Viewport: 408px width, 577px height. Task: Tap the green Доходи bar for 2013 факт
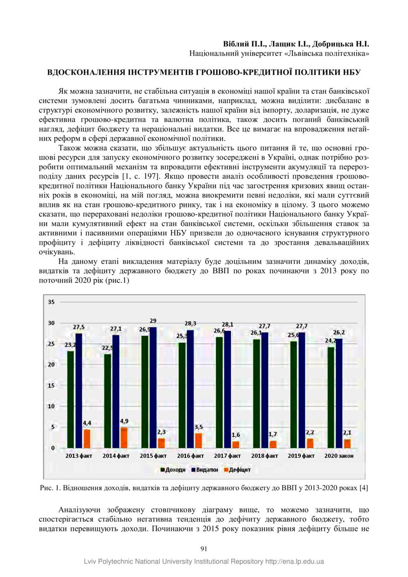pos(70,399)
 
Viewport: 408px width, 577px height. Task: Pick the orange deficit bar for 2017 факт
pos(235,444)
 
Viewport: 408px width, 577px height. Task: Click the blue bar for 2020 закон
pos(339,393)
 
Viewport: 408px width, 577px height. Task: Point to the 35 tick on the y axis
pos(51,302)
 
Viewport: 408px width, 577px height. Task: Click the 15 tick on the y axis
pos(51,385)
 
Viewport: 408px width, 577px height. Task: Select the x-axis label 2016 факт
pos(190,456)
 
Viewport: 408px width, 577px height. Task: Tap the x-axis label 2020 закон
pos(339,456)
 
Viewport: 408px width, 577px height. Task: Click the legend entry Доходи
pos(173,470)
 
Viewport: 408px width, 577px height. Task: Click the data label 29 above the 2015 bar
pos(153,321)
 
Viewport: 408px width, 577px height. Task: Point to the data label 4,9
pos(124,421)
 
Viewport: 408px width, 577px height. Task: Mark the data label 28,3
pos(190,323)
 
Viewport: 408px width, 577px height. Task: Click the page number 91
pos(204,549)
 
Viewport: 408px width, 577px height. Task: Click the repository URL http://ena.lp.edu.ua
pos(294,562)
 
